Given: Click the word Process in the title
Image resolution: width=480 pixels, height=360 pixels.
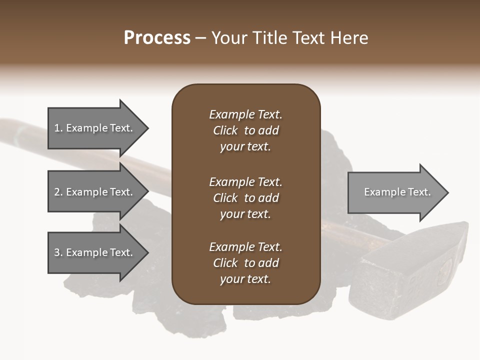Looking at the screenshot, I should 157,38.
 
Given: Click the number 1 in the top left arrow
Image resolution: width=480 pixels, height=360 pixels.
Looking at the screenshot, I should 57,128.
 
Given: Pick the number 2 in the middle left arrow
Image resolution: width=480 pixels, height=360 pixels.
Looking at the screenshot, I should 57,192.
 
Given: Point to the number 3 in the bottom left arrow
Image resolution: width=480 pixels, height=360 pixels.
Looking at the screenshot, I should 57,252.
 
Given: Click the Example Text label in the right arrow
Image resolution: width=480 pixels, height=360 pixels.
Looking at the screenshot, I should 397,192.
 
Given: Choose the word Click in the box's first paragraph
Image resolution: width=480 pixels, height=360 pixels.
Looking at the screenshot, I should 225,130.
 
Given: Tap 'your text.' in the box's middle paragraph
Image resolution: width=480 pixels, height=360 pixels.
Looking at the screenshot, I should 245,214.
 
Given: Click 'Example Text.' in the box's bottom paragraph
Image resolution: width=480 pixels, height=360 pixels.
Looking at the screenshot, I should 245,247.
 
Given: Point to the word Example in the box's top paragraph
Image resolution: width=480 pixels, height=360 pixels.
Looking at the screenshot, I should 231,114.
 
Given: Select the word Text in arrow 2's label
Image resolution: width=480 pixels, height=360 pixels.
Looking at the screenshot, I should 120,192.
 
